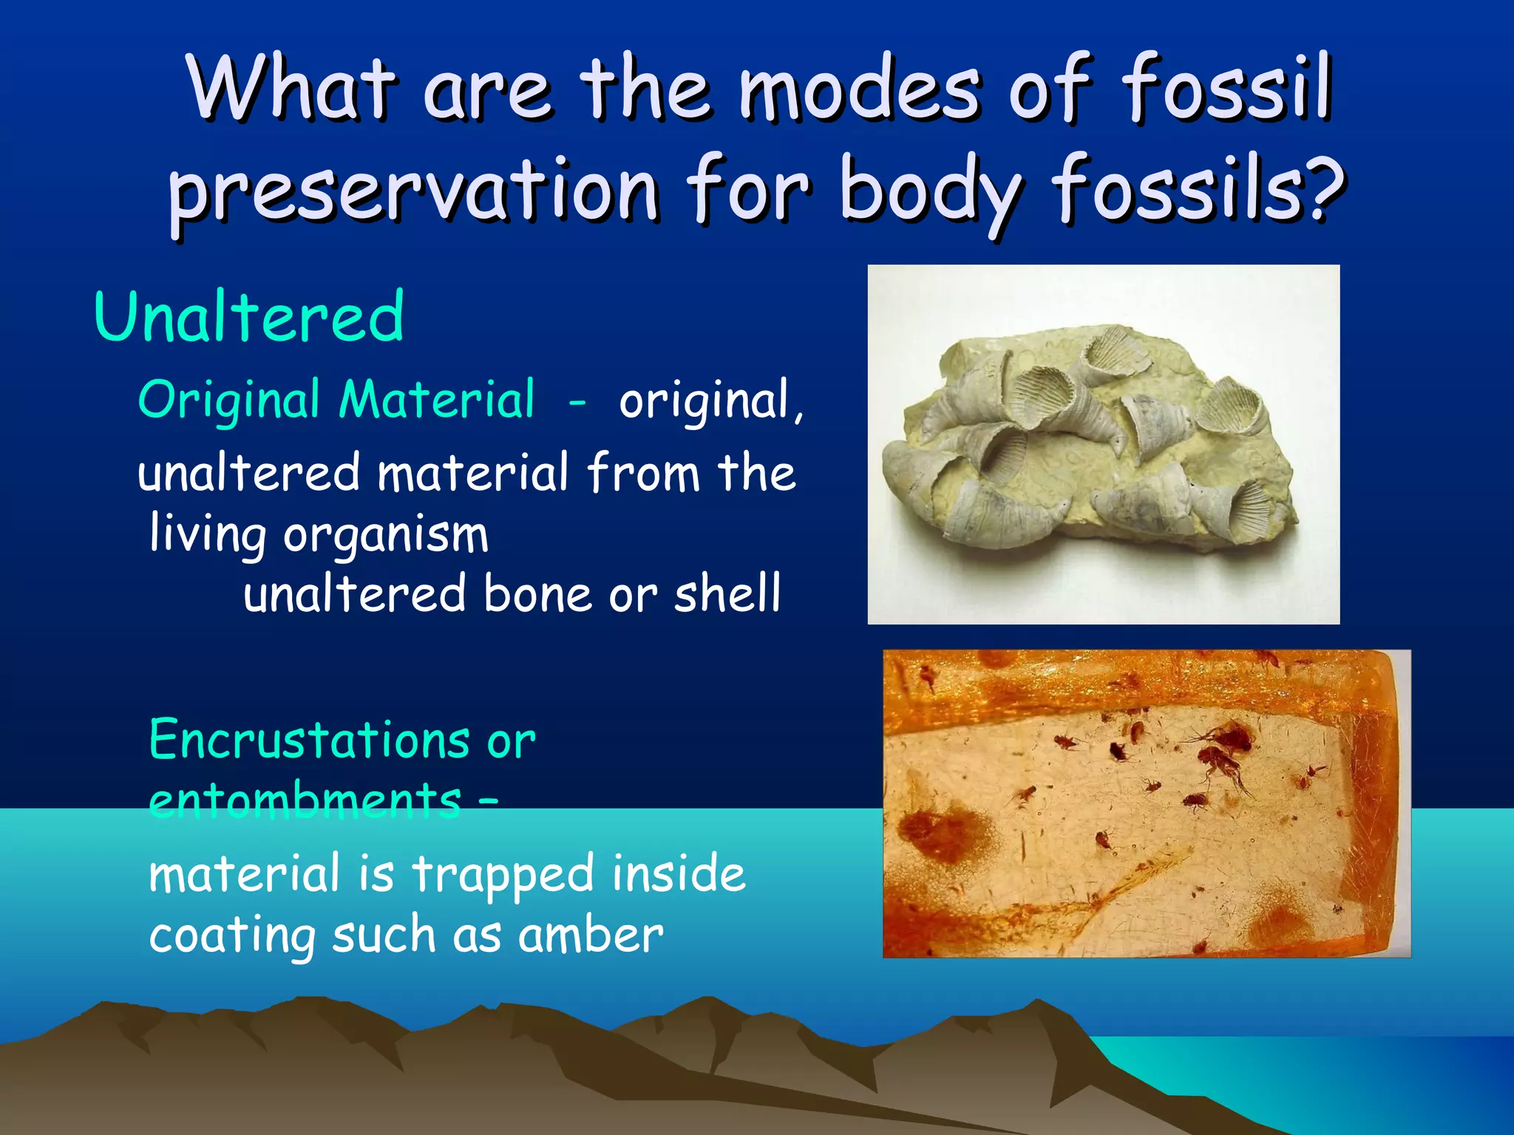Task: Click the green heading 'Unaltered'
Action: click(249, 318)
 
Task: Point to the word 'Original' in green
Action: click(228, 401)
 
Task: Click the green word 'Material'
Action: click(436, 399)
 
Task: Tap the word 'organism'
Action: click(385, 534)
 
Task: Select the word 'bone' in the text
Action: click(537, 594)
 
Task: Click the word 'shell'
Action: click(727, 594)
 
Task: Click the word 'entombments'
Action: click(305, 800)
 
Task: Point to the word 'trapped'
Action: click(502, 875)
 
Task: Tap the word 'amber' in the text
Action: click(590, 935)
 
